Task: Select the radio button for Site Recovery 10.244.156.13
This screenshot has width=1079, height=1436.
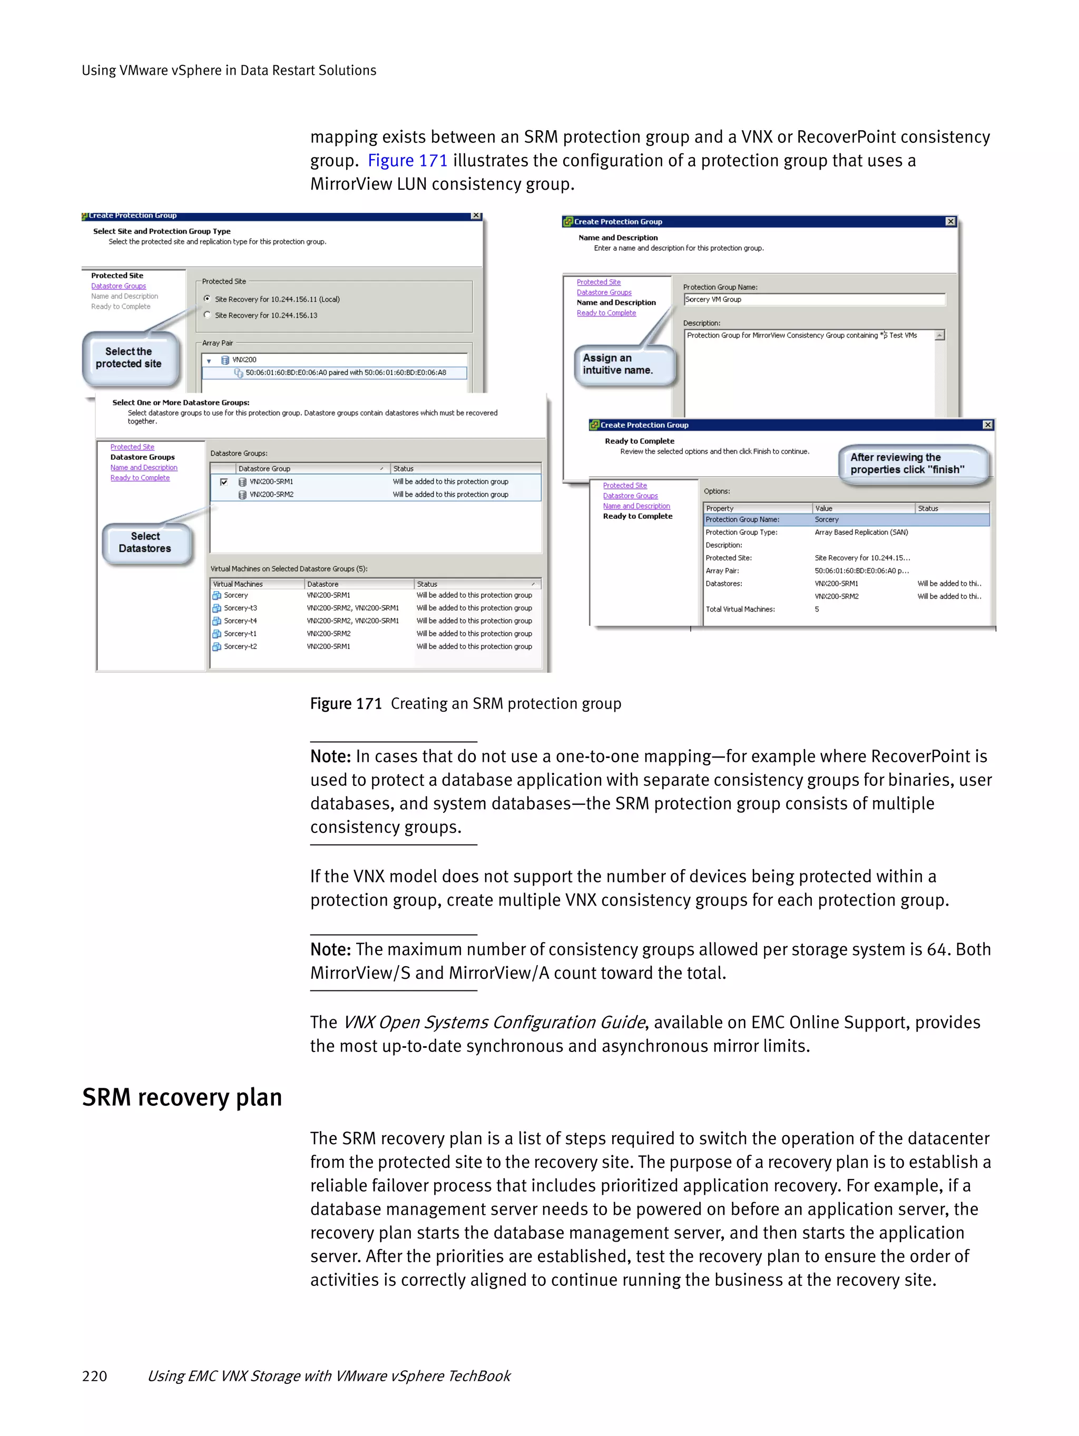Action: point(207,315)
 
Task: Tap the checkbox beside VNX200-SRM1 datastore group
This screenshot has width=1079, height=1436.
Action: point(224,481)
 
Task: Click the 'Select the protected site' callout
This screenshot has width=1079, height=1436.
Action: point(129,358)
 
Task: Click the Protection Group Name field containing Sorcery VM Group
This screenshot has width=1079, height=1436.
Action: point(813,299)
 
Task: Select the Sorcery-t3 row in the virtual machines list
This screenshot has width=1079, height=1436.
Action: point(240,608)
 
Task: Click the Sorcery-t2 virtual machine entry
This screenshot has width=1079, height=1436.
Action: point(240,646)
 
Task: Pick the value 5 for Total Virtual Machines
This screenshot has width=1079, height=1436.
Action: point(817,609)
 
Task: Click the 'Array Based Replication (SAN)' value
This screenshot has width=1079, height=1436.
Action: point(861,533)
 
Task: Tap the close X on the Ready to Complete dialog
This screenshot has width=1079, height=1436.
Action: point(987,425)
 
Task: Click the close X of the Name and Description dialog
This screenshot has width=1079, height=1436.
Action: point(950,221)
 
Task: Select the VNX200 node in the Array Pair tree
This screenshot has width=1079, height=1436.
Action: point(244,360)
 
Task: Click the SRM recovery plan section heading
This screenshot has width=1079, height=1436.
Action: point(182,1097)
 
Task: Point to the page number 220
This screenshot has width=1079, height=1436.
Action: point(95,1375)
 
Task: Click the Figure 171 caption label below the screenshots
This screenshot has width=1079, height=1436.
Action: point(346,704)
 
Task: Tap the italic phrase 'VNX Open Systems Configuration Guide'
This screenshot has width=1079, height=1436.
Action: point(494,1022)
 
